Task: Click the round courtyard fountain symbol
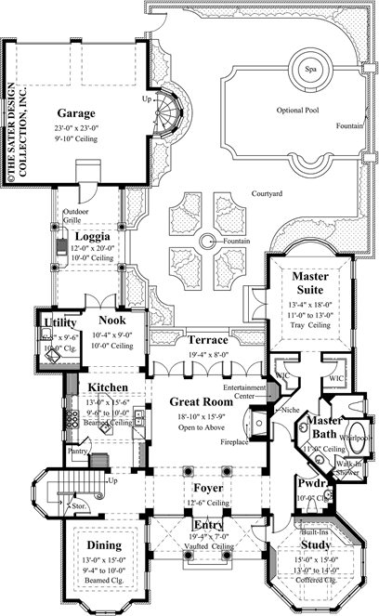[207, 242]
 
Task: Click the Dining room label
[102, 545]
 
